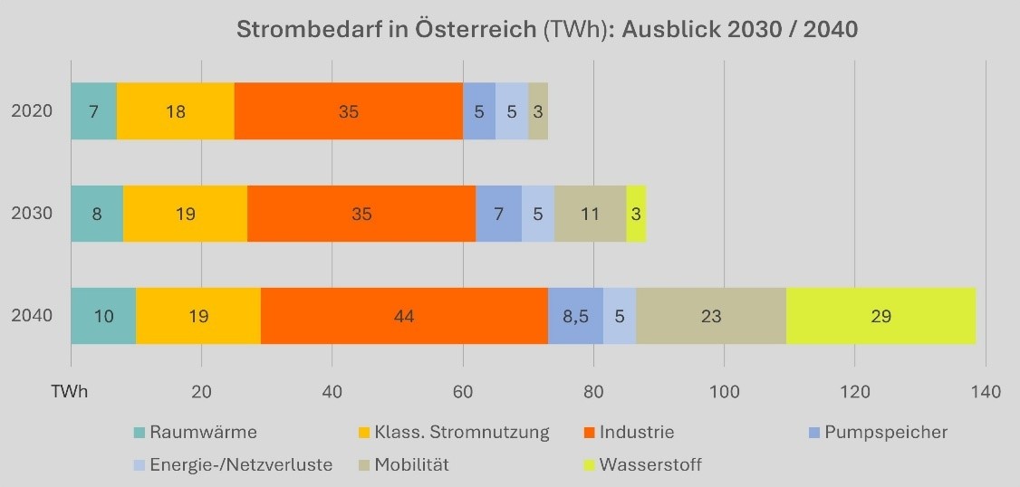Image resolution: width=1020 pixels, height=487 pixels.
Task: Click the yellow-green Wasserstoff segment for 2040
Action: (x=880, y=316)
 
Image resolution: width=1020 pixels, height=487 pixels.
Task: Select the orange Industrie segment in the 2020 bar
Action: (x=349, y=111)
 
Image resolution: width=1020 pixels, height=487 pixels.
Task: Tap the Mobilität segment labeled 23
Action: (x=711, y=316)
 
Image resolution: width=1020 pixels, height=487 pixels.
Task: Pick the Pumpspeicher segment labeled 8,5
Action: (x=575, y=316)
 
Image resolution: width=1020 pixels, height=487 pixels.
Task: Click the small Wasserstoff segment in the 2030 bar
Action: (x=636, y=214)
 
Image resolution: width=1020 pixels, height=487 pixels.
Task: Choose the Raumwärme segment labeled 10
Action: (x=103, y=316)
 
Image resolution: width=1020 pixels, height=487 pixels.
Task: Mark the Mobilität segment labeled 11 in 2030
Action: (x=590, y=214)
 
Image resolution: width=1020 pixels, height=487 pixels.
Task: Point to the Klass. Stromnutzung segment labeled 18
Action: (x=176, y=111)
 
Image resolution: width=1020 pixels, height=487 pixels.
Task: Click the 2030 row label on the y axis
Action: (x=32, y=214)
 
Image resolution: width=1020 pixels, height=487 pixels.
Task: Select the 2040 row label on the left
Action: (x=32, y=316)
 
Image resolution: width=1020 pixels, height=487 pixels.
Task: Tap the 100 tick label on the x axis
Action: (x=724, y=392)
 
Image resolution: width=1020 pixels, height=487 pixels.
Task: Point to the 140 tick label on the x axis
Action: (x=985, y=392)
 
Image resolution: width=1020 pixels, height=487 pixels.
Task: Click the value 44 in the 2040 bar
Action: (x=404, y=316)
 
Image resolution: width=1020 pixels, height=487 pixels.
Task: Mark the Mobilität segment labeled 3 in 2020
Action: (x=538, y=111)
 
